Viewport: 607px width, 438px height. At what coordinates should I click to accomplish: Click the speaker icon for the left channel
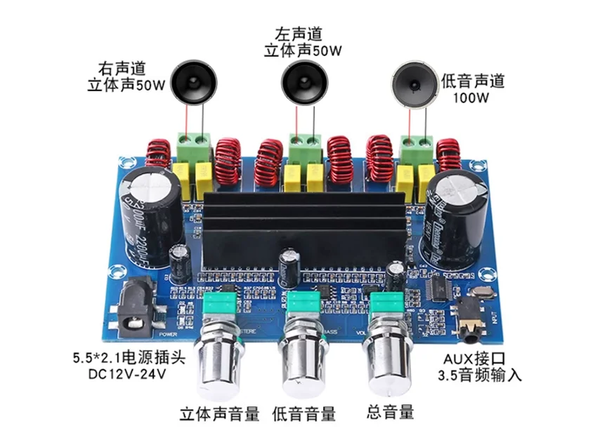[303, 82]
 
